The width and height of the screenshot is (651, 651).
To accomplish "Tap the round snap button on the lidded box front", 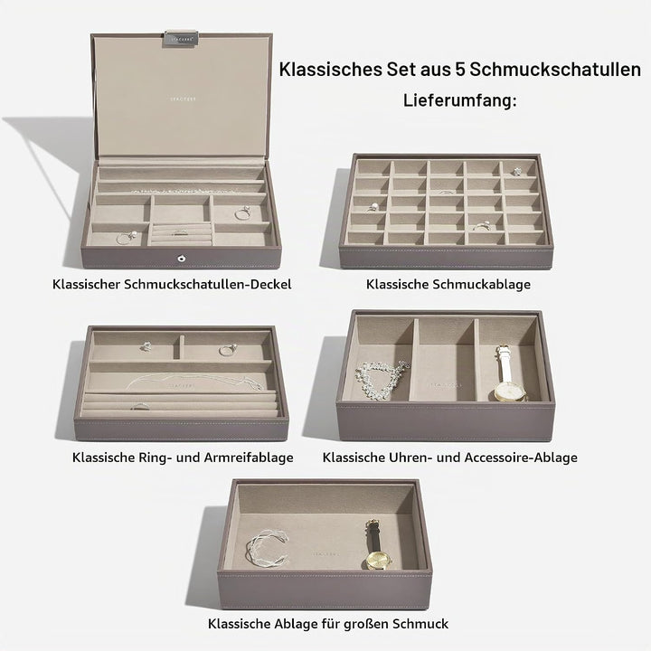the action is (x=181, y=259).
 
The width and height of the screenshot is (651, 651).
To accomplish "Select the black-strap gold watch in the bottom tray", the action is (x=376, y=545).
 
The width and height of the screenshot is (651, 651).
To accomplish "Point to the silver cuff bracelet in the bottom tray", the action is (x=268, y=547).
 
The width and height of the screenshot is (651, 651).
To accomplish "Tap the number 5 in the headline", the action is (x=460, y=70).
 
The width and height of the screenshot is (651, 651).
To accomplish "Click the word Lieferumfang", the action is (x=460, y=101).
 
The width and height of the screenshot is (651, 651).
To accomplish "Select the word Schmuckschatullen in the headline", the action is (x=555, y=70).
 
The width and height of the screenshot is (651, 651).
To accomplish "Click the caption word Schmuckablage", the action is (x=482, y=285).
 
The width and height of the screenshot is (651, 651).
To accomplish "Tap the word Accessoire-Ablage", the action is (x=521, y=458).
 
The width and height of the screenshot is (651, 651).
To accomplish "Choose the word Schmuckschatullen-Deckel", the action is (x=208, y=285).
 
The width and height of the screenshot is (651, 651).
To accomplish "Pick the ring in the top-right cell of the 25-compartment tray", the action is (x=516, y=171).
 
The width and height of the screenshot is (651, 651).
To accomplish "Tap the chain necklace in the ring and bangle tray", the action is (x=195, y=382).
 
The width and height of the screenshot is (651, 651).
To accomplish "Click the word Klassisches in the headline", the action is (x=331, y=70).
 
